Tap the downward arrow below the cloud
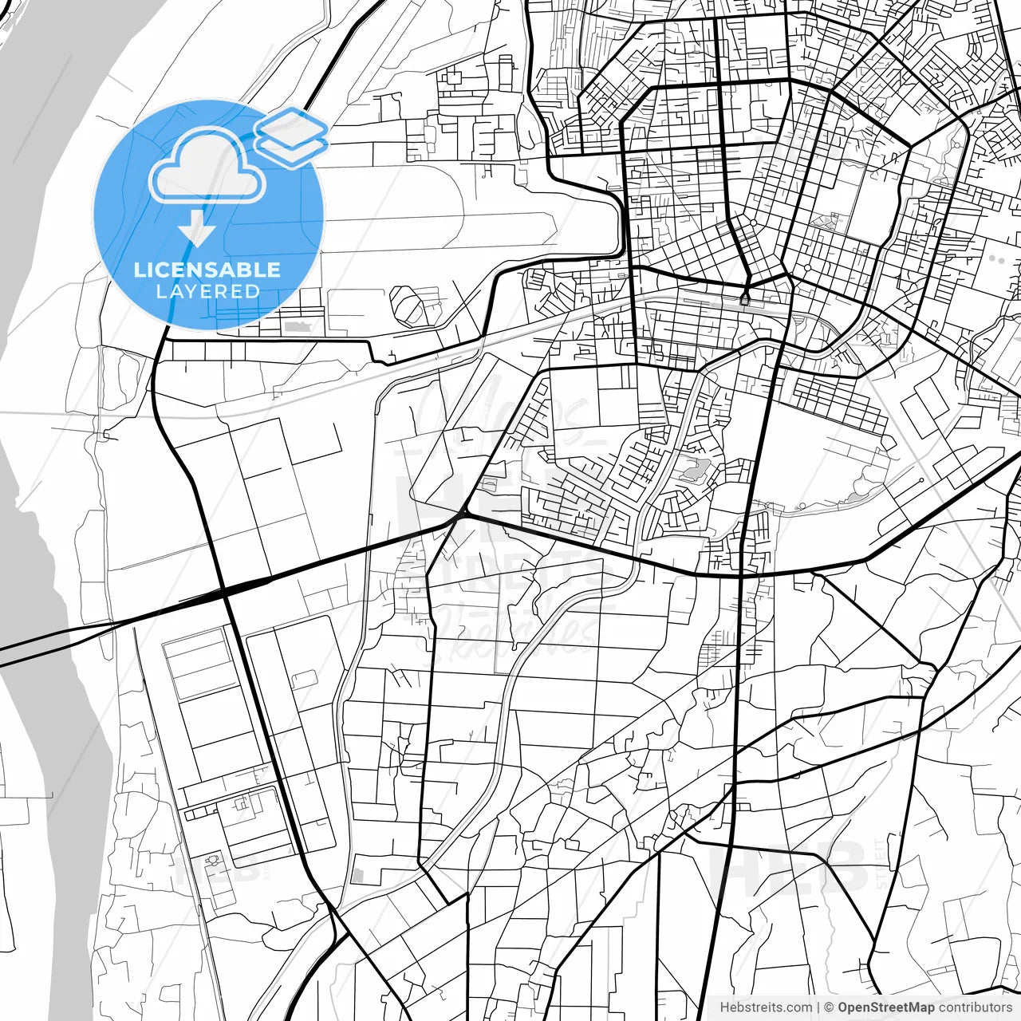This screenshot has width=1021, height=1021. [197, 231]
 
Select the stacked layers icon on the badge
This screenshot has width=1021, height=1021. [291, 136]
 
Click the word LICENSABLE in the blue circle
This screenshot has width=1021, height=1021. [207, 270]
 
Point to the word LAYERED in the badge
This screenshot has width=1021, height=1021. [207, 291]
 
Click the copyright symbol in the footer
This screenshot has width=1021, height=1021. [829, 1007]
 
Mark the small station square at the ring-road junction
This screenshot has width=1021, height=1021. [745, 300]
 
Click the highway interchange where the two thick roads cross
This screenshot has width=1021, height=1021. [226, 591]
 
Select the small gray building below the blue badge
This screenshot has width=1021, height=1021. [298, 327]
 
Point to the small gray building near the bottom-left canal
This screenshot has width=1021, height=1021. [358, 876]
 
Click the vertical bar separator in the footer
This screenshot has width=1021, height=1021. [819, 1007]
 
